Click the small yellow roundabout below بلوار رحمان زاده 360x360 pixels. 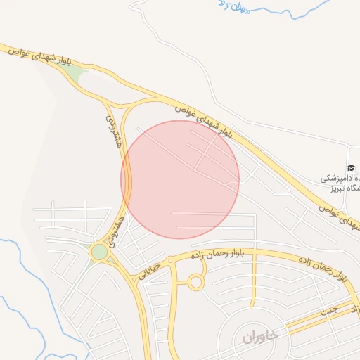click(195, 283)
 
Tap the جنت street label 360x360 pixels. click(329, 309)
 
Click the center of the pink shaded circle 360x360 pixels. click(180, 179)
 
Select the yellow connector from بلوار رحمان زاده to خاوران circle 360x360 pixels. click(252, 281)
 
